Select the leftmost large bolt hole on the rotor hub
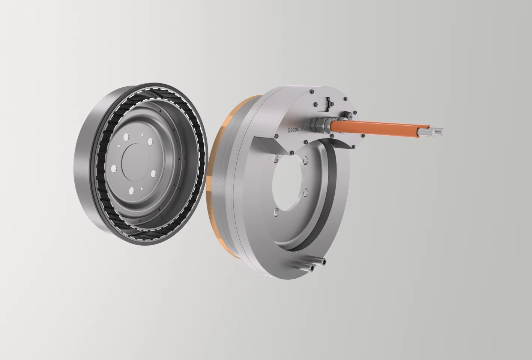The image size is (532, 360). [114, 168]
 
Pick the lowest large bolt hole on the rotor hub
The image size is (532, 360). [132, 190]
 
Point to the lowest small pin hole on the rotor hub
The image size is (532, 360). [141, 189]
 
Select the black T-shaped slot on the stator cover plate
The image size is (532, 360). [325, 104]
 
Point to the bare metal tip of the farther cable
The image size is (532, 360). [438, 132]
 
